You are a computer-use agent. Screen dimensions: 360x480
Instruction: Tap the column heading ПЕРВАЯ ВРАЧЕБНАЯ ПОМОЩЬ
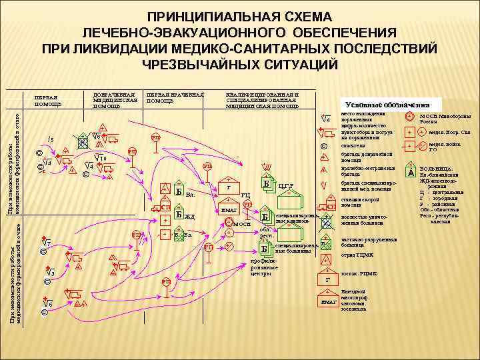[175, 97]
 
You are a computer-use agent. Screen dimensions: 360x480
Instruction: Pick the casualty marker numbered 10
[104, 159]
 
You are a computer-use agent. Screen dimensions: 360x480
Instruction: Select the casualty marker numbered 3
[48, 273]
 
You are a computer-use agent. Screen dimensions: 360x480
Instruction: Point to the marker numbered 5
[50, 139]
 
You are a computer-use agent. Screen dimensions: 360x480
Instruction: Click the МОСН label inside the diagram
[241, 225]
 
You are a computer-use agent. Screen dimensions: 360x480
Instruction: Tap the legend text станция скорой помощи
[359, 201]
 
